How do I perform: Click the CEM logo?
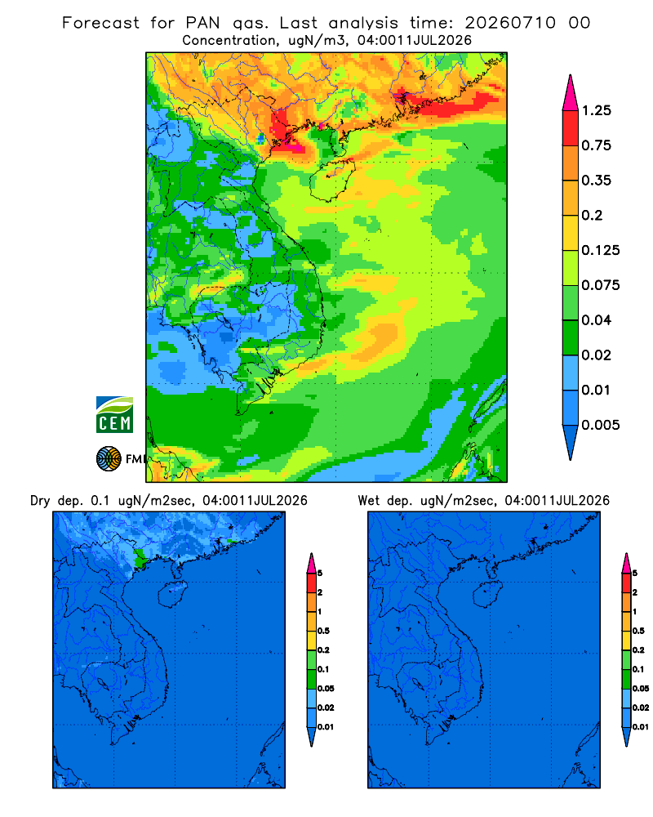click(114, 415)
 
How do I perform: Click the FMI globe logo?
click(109, 459)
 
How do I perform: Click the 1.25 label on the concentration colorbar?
click(596, 110)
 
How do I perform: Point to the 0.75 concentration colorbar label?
click(596, 145)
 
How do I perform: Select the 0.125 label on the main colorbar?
click(601, 250)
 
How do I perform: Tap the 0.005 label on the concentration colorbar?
click(601, 425)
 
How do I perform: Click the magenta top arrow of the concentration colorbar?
click(571, 92)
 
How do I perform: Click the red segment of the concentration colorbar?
click(571, 128)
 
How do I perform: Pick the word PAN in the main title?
click(202, 23)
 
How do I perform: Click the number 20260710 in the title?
click(510, 23)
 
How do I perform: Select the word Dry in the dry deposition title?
click(40, 501)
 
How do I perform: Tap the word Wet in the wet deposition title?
click(369, 501)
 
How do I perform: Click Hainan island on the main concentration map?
click(331, 180)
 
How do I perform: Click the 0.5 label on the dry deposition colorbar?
click(323, 631)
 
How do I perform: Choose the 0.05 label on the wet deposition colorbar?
click(641, 688)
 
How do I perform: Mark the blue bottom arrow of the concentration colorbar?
click(571, 442)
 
